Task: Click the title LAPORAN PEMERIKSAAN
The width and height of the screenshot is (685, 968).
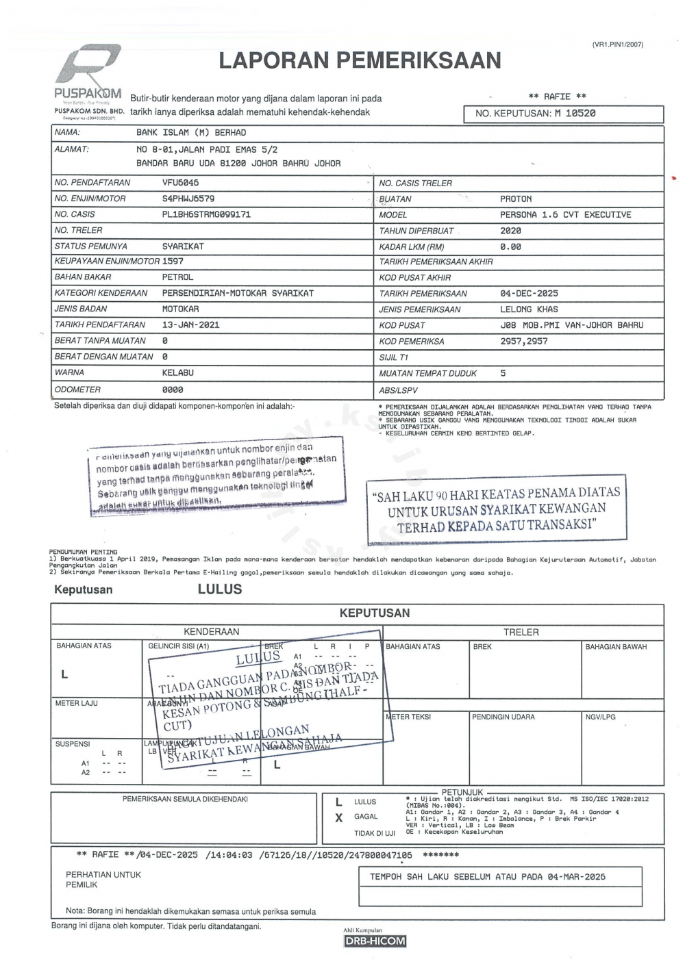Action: pyautogui.click(x=360, y=61)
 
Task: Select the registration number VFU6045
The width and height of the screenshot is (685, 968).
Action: pyautogui.click(x=180, y=183)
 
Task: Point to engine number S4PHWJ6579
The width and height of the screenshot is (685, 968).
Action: pyautogui.click(x=188, y=199)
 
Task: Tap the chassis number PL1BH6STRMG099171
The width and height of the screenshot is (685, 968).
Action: pyautogui.click(x=206, y=214)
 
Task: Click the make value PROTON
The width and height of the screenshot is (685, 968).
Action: pyautogui.click(x=515, y=199)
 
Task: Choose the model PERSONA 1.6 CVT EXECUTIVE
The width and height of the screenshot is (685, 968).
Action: pyautogui.click(x=565, y=215)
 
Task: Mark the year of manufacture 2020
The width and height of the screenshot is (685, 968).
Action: pyautogui.click(x=510, y=231)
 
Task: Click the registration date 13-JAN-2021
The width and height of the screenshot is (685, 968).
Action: pyautogui.click(x=190, y=324)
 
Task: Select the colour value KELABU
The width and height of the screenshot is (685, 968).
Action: pyautogui.click(x=177, y=372)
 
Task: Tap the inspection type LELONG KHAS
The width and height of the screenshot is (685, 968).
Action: pyautogui.click(x=529, y=309)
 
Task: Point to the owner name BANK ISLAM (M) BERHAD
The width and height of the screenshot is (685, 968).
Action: pyautogui.click(x=191, y=133)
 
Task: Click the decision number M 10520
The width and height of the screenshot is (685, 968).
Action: pyautogui.click(x=575, y=114)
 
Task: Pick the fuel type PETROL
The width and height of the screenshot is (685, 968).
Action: pyautogui.click(x=177, y=277)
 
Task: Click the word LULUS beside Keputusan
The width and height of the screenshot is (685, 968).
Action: pyautogui.click(x=220, y=589)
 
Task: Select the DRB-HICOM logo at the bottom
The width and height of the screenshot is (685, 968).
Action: pyautogui.click(x=375, y=941)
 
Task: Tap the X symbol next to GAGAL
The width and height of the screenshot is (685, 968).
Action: pyautogui.click(x=338, y=817)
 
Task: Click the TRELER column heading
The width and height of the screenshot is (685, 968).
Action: pyautogui.click(x=521, y=632)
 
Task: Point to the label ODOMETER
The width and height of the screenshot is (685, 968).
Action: pyautogui.click(x=77, y=390)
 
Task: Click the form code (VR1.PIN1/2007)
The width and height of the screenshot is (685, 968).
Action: pyautogui.click(x=617, y=44)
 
